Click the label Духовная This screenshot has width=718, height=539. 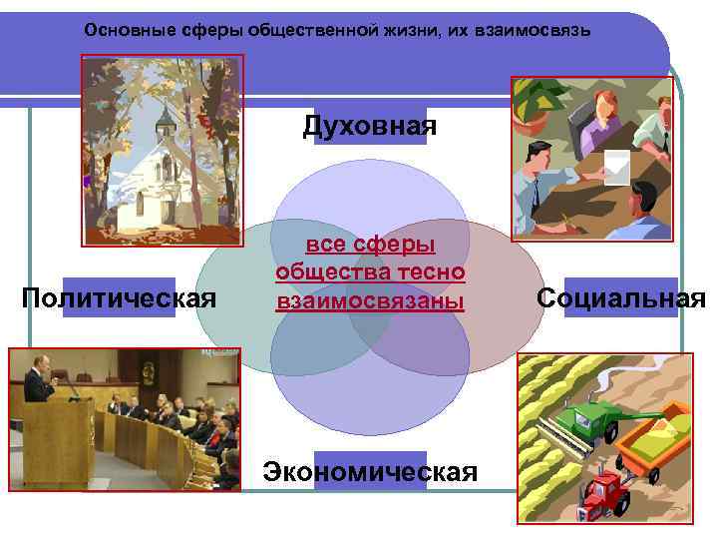coord(370,126)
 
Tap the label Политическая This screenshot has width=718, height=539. coord(119,297)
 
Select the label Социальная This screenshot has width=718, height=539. coord(620,297)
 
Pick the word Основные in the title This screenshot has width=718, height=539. coord(120,31)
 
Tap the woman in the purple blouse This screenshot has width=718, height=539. coord(597,115)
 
